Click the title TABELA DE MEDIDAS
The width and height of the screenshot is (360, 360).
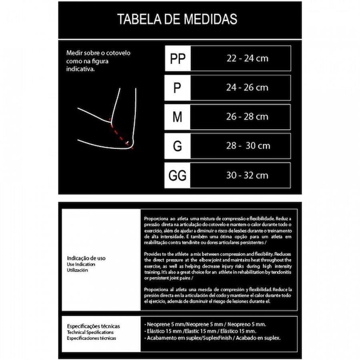(177, 20)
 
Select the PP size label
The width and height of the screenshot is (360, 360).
(178, 58)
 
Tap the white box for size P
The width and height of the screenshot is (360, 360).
(178, 87)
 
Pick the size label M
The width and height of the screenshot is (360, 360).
(178, 117)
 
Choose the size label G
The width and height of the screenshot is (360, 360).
(178, 146)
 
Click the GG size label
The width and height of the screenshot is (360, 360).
(178, 176)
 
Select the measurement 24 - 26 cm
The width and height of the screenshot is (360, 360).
(247, 87)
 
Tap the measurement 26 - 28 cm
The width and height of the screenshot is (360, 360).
(247, 117)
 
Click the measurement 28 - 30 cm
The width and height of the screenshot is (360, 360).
(248, 146)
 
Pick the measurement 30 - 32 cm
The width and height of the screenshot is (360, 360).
(247, 176)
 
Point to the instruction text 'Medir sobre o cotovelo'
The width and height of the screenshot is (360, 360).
(98, 53)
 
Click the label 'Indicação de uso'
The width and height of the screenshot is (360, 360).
(86, 258)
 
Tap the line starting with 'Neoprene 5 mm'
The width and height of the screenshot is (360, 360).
(205, 324)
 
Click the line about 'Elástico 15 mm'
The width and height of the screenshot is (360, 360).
(200, 331)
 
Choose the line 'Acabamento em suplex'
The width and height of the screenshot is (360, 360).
(212, 338)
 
